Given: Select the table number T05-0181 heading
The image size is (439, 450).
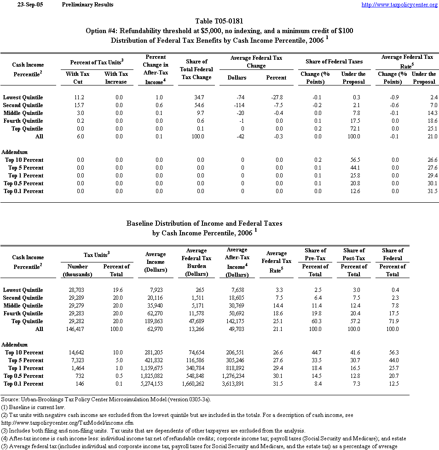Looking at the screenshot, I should click(x=219, y=21).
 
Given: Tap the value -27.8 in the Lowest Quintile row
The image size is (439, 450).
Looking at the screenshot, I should click(x=276, y=97).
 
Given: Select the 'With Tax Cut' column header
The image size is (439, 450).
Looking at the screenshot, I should click(x=78, y=78).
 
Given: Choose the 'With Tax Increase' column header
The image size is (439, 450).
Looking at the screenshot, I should click(x=116, y=78).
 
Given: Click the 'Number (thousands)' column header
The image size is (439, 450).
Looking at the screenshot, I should click(x=77, y=270).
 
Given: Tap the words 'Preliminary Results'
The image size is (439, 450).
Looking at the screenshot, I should click(x=87, y=5).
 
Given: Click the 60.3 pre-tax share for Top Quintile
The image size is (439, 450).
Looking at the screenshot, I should click(x=315, y=321).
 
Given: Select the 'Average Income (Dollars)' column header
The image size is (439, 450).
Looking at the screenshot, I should click(x=156, y=262).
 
